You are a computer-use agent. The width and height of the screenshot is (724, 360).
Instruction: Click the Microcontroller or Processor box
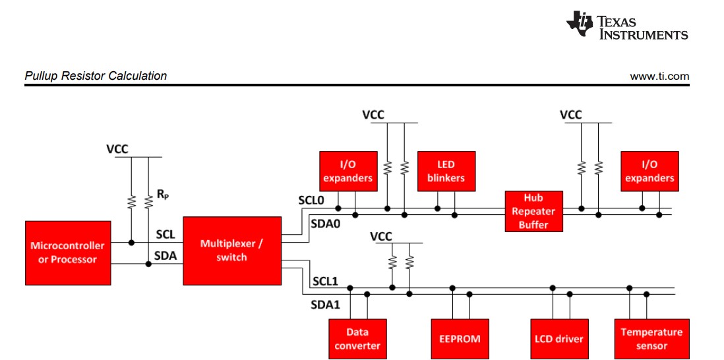tap(68, 253)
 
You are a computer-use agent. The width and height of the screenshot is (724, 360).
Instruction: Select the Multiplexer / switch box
tap(231, 250)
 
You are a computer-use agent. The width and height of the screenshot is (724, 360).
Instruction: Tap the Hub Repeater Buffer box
tap(533, 211)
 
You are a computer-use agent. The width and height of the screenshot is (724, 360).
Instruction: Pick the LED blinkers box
tap(446, 171)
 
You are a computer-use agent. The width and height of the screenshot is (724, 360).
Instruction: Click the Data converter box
tap(357, 339)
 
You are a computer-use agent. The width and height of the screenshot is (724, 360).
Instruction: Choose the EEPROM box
tap(460, 339)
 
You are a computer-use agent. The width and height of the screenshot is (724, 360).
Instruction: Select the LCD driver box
tap(558, 339)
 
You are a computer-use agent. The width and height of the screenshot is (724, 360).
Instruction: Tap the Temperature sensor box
tap(651, 339)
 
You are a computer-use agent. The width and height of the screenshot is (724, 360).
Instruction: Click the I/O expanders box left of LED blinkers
tap(348, 171)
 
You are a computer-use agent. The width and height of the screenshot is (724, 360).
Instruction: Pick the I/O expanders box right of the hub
tap(649, 171)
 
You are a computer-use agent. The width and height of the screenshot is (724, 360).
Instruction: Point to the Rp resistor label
tap(163, 195)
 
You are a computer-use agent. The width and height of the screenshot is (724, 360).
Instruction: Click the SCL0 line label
tap(312, 199)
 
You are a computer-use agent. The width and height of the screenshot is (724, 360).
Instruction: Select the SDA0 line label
tap(325, 224)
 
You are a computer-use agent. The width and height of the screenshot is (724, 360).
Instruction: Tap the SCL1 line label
tap(325, 281)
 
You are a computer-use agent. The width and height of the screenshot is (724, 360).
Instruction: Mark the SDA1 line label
tap(324, 305)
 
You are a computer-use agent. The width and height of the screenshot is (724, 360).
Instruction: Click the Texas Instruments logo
tap(627, 26)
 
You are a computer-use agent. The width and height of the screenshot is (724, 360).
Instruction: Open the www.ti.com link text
tap(659, 76)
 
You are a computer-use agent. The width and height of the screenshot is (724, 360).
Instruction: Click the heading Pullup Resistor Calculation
tap(96, 76)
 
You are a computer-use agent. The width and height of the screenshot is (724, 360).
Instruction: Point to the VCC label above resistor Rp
tap(117, 149)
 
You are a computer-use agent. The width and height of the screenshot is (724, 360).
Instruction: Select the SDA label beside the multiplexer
tap(166, 256)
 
